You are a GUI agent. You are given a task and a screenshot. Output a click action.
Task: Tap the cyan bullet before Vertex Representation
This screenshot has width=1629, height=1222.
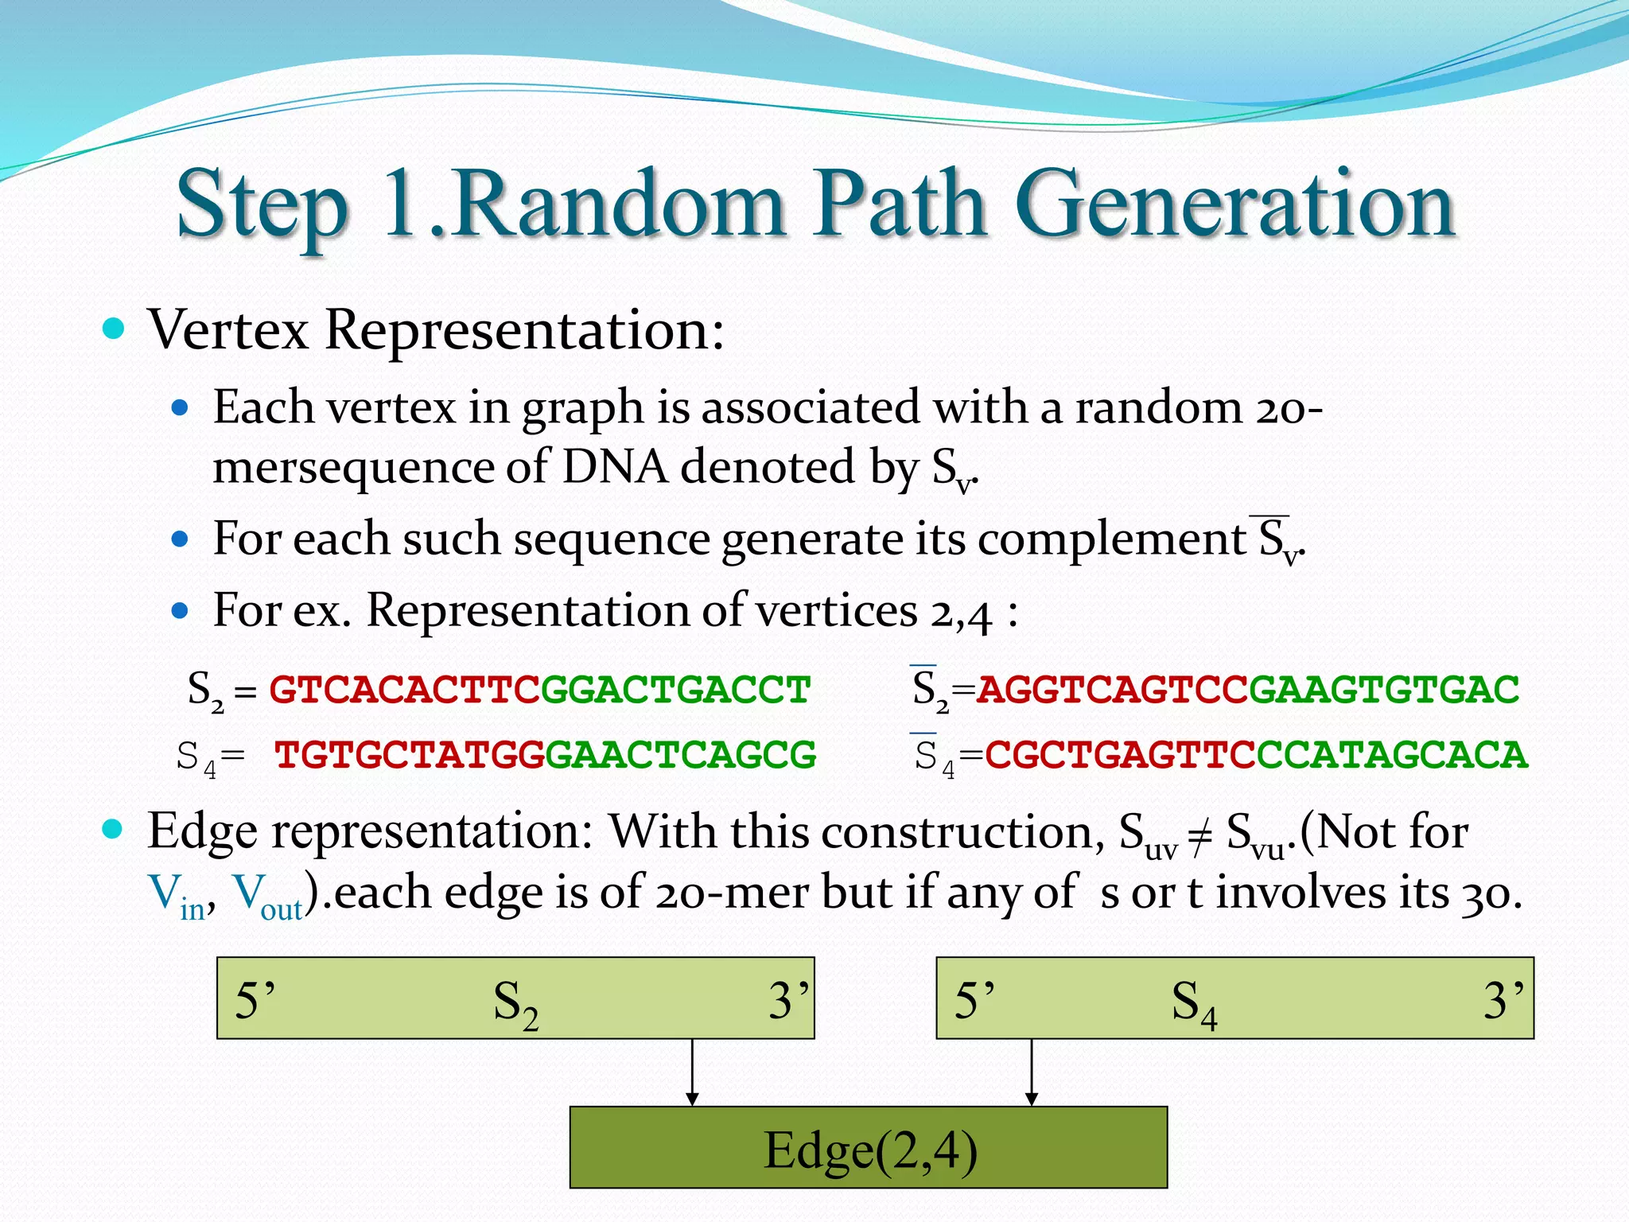[114, 329]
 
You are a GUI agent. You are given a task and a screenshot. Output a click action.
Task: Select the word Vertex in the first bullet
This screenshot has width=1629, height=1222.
[228, 329]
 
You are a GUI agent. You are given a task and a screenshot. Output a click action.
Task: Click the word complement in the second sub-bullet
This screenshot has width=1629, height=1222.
[1111, 539]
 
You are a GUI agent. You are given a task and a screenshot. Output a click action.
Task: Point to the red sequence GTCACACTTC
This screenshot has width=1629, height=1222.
[404, 689]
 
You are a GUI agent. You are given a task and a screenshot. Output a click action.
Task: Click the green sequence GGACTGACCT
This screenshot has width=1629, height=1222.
[675, 689]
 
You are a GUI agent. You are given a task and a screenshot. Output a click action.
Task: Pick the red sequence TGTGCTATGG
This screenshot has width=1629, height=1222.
[409, 755]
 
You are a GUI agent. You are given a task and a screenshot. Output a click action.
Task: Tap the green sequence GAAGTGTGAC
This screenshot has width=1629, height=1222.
[1383, 689]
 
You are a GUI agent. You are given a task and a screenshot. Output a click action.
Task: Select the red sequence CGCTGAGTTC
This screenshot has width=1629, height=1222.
[1120, 755]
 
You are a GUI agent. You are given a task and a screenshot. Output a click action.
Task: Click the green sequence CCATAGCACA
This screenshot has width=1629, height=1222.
[1392, 755]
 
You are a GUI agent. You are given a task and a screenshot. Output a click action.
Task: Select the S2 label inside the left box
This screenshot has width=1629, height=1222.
[515, 1002]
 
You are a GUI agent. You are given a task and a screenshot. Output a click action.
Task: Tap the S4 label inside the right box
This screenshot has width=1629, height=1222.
[1194, 1002]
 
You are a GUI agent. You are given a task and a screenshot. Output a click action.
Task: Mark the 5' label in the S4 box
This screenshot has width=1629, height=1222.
[974, 1000]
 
